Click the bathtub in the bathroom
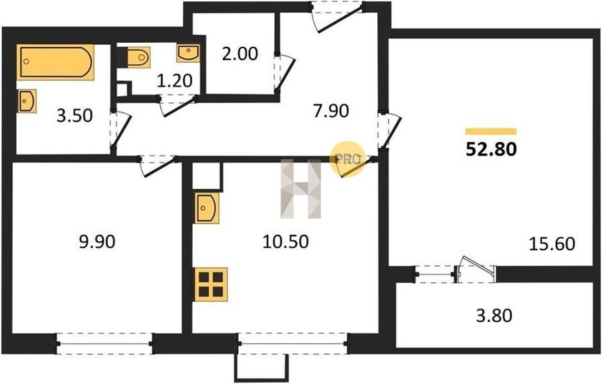(x=56, y=62)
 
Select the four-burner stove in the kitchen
(x=211, y=284)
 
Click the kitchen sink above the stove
(x=207, y=208)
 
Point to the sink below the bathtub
(x=27, y=101)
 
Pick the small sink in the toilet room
(x=188, y=53)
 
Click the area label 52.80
(x=491, y=149)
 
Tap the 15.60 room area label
(x=552, y=244)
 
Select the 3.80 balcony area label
(x=494, y=316)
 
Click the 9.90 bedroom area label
(x=97, y=242)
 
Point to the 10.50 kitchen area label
(x=286, y=242)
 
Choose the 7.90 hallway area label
(x=331, y=111)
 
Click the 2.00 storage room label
(x=240, y=54)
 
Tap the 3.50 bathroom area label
(x=74, y=116)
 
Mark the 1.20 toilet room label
(x=175, y=81)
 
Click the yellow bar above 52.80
(x=491, y=131)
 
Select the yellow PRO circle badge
(x=347, y=159)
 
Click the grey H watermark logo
(x=300, y=189)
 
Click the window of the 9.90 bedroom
(x=105, y=343)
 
